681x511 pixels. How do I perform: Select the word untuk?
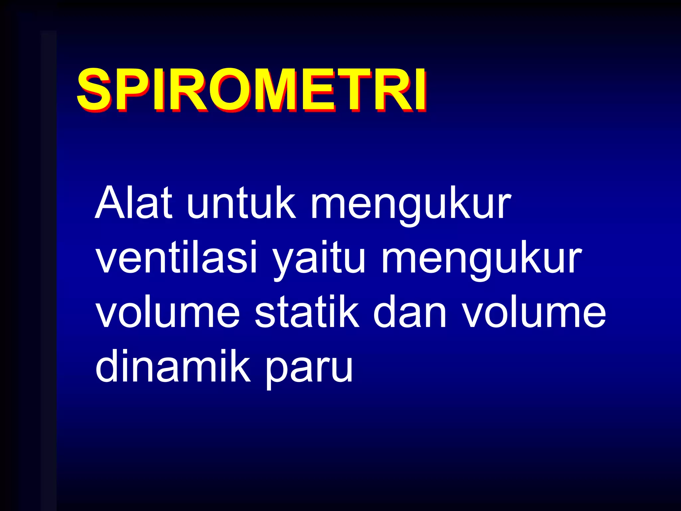coord(241,203)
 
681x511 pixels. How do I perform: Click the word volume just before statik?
coord(168,313)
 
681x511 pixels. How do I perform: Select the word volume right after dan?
coord(534,313)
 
